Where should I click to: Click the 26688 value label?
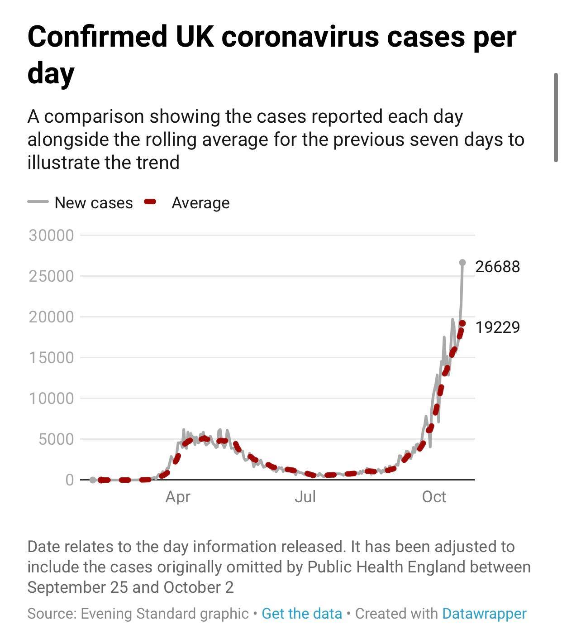497,266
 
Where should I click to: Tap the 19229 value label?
497,327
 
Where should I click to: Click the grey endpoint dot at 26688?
462,263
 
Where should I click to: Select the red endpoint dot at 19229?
462,323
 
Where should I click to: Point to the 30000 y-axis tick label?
51,235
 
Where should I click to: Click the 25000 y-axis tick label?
51,276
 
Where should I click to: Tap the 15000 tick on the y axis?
51,358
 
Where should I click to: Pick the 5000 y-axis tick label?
56,439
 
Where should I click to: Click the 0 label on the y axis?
69,480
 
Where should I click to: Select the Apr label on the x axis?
178,497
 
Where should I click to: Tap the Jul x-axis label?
305,497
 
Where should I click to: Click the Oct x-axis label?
434,497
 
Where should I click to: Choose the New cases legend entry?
94,203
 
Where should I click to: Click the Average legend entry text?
200,203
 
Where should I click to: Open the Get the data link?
302,614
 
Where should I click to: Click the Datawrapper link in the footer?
484,614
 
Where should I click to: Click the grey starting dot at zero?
93,480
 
